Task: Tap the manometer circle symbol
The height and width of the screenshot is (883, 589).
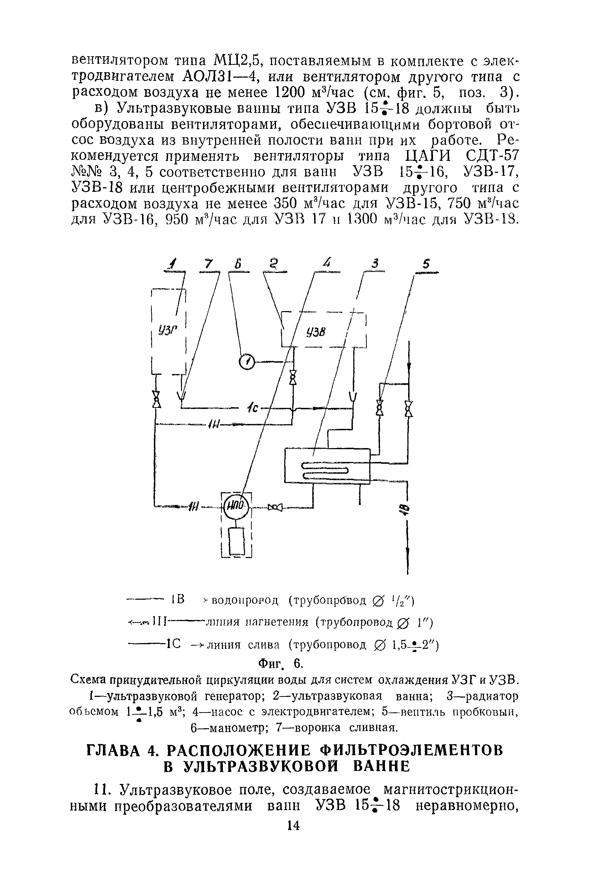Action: point(246,362)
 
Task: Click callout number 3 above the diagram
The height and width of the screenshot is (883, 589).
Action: point(375,264)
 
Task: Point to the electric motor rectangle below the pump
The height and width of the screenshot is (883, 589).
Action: point(236,541)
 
